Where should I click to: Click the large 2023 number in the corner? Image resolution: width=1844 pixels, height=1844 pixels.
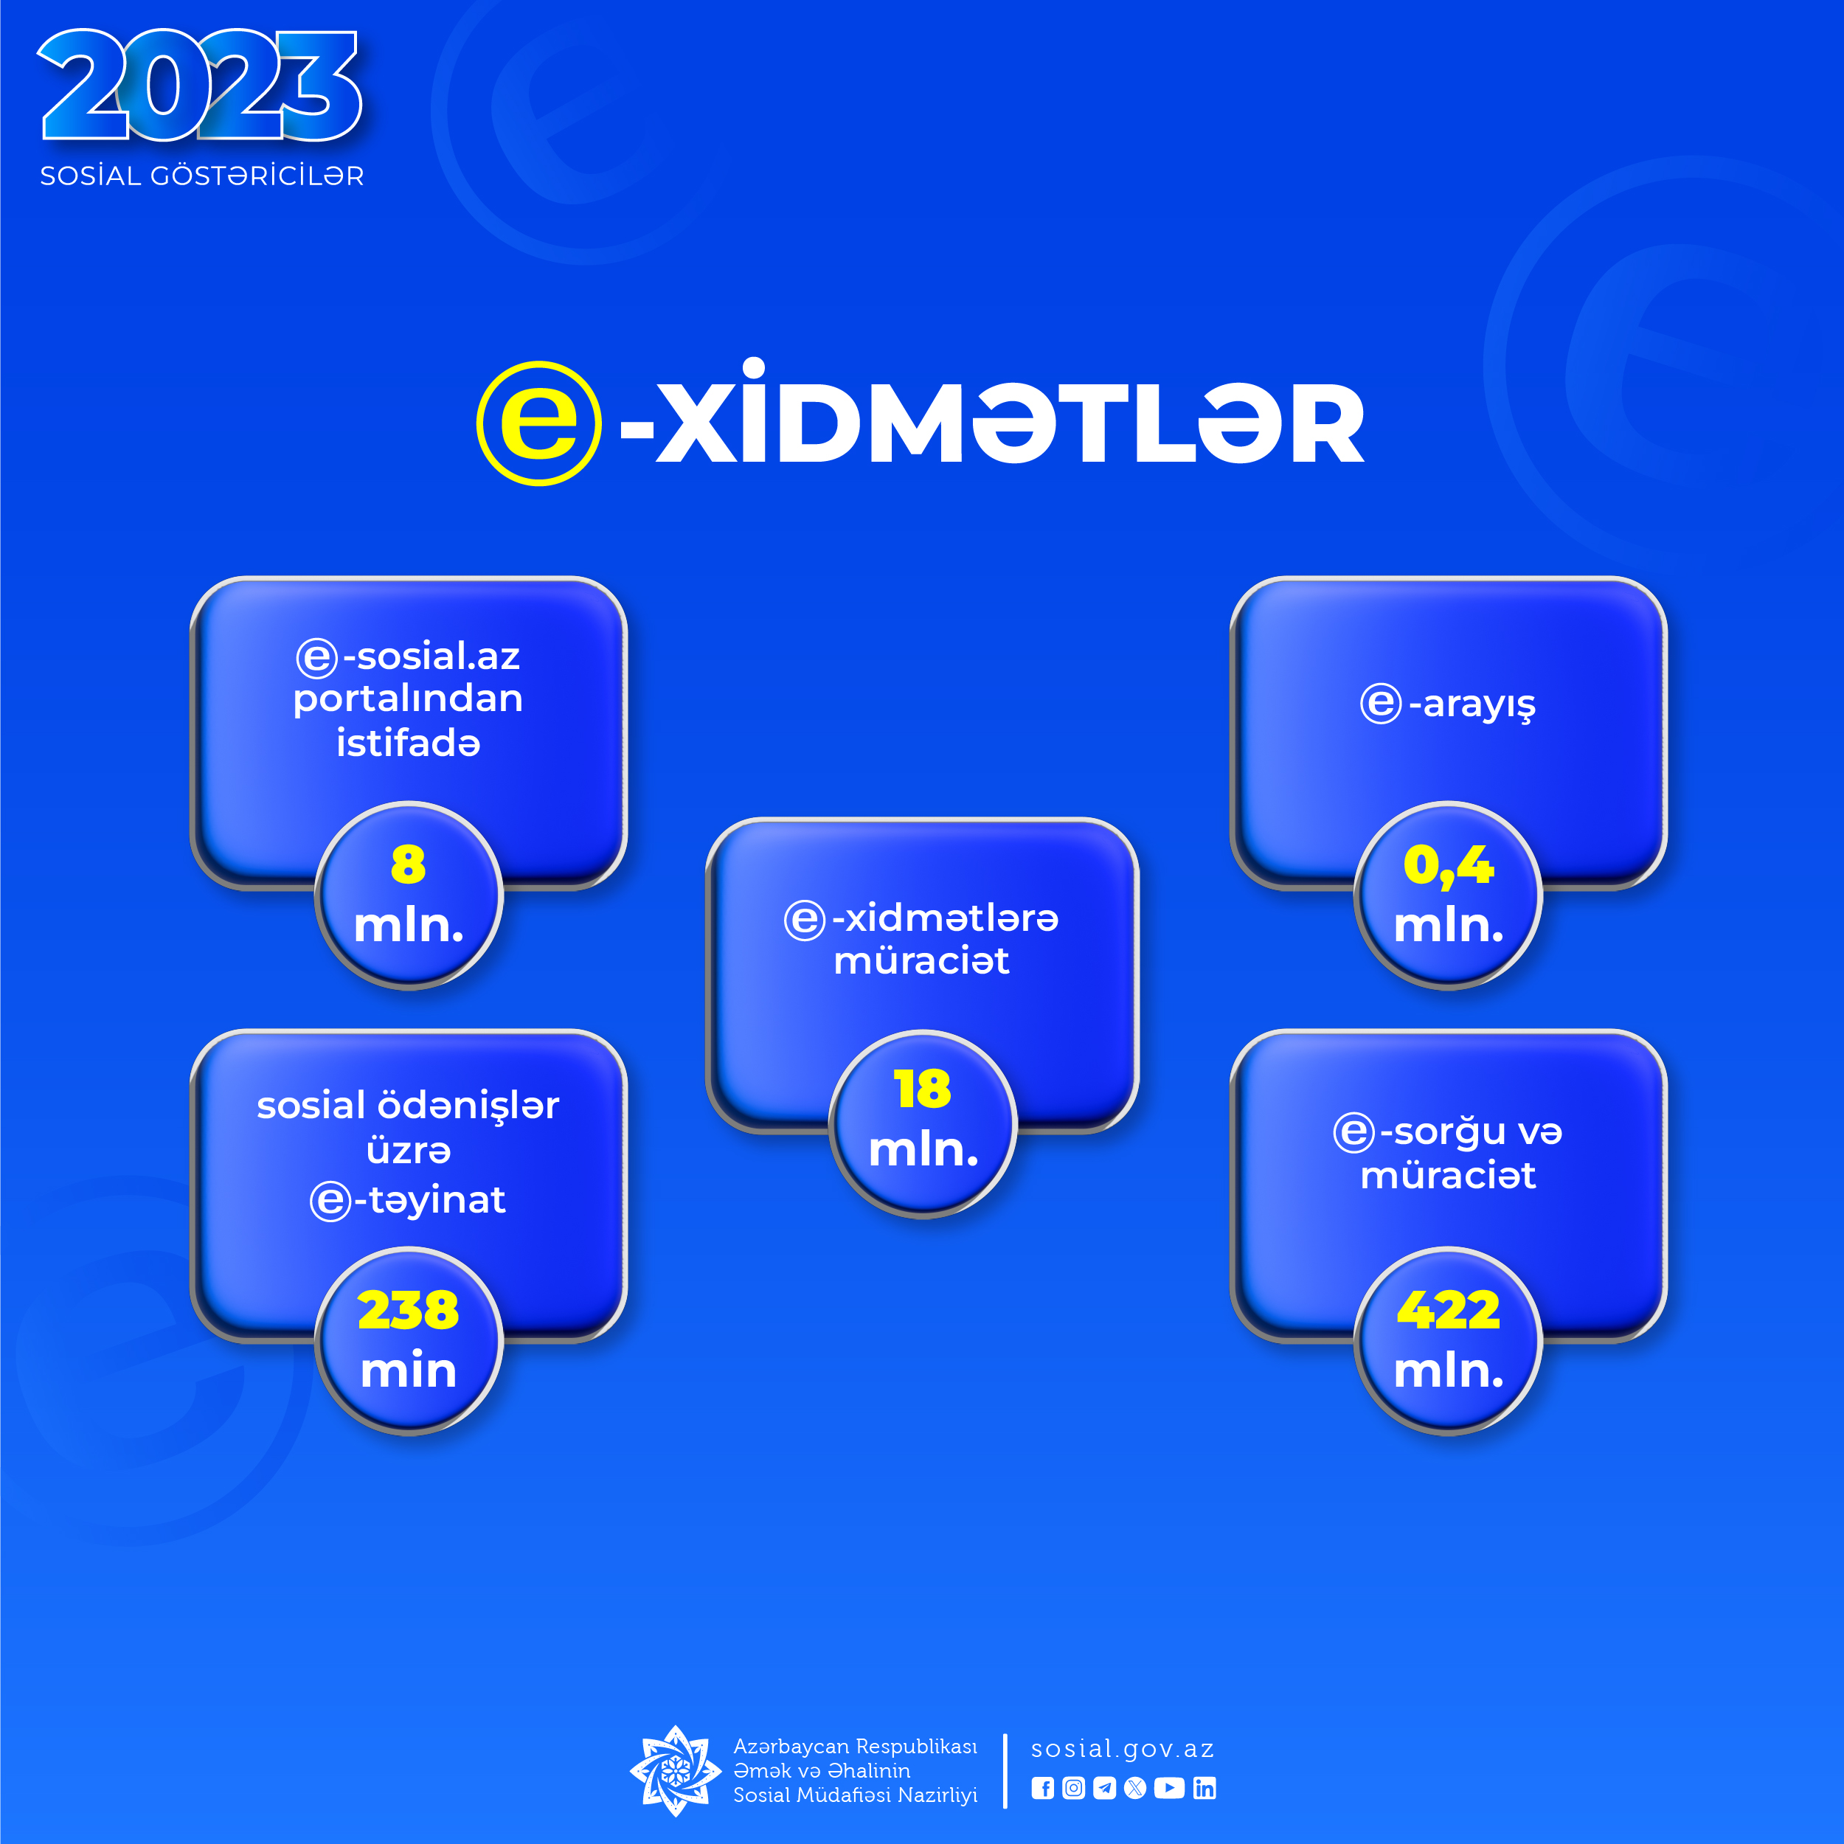point(201,86)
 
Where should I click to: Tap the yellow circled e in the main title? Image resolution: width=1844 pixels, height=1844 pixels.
point(539,423)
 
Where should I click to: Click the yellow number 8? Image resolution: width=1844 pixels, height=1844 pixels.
point(409,864)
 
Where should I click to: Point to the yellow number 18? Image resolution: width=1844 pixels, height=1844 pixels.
point(922,1088)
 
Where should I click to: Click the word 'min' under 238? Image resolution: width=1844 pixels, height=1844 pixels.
point(409,1370)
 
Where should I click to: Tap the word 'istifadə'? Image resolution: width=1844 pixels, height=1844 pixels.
point(409,743)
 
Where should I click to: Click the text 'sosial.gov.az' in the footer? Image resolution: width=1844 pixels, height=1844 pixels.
point(1123,1749)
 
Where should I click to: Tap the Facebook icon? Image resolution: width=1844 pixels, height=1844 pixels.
point(1042,1788)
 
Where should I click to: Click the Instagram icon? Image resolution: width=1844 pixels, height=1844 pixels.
point(1074,1788)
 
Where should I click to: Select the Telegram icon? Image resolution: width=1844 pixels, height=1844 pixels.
point(1104,1788)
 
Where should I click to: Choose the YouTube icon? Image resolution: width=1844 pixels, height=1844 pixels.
point(1169,1788)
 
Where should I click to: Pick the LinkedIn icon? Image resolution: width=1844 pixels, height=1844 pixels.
point(1205,1788)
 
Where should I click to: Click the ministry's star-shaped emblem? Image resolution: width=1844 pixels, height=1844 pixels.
point(676,1770)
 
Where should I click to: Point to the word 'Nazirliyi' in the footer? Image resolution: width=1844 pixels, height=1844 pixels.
point(937,1795)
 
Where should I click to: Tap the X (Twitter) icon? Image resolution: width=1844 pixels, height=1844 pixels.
point(1135,1788)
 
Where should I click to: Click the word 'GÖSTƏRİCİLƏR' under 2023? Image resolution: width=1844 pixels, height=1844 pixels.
point(257,176)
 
